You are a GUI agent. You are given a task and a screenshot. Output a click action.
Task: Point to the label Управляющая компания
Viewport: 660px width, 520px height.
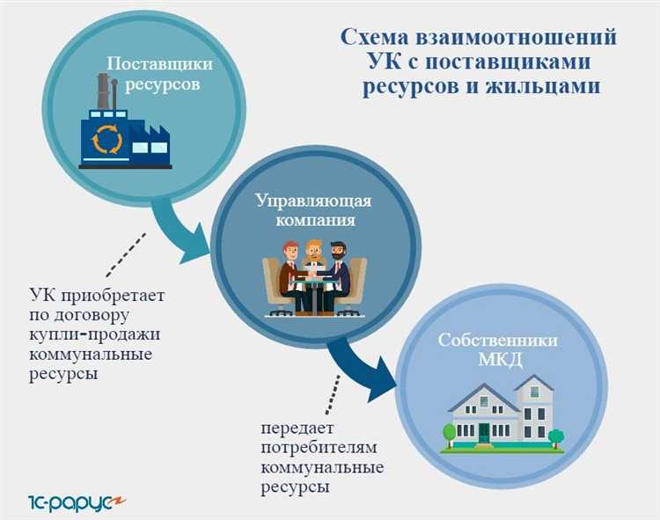313,210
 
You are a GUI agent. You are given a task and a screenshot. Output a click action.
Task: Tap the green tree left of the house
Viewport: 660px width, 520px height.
450,432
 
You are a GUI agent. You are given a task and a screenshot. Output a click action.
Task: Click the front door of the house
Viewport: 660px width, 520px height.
484,431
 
